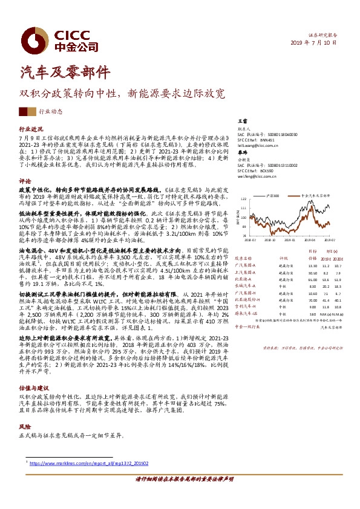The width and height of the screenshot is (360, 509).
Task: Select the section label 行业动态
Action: (50, 111)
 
